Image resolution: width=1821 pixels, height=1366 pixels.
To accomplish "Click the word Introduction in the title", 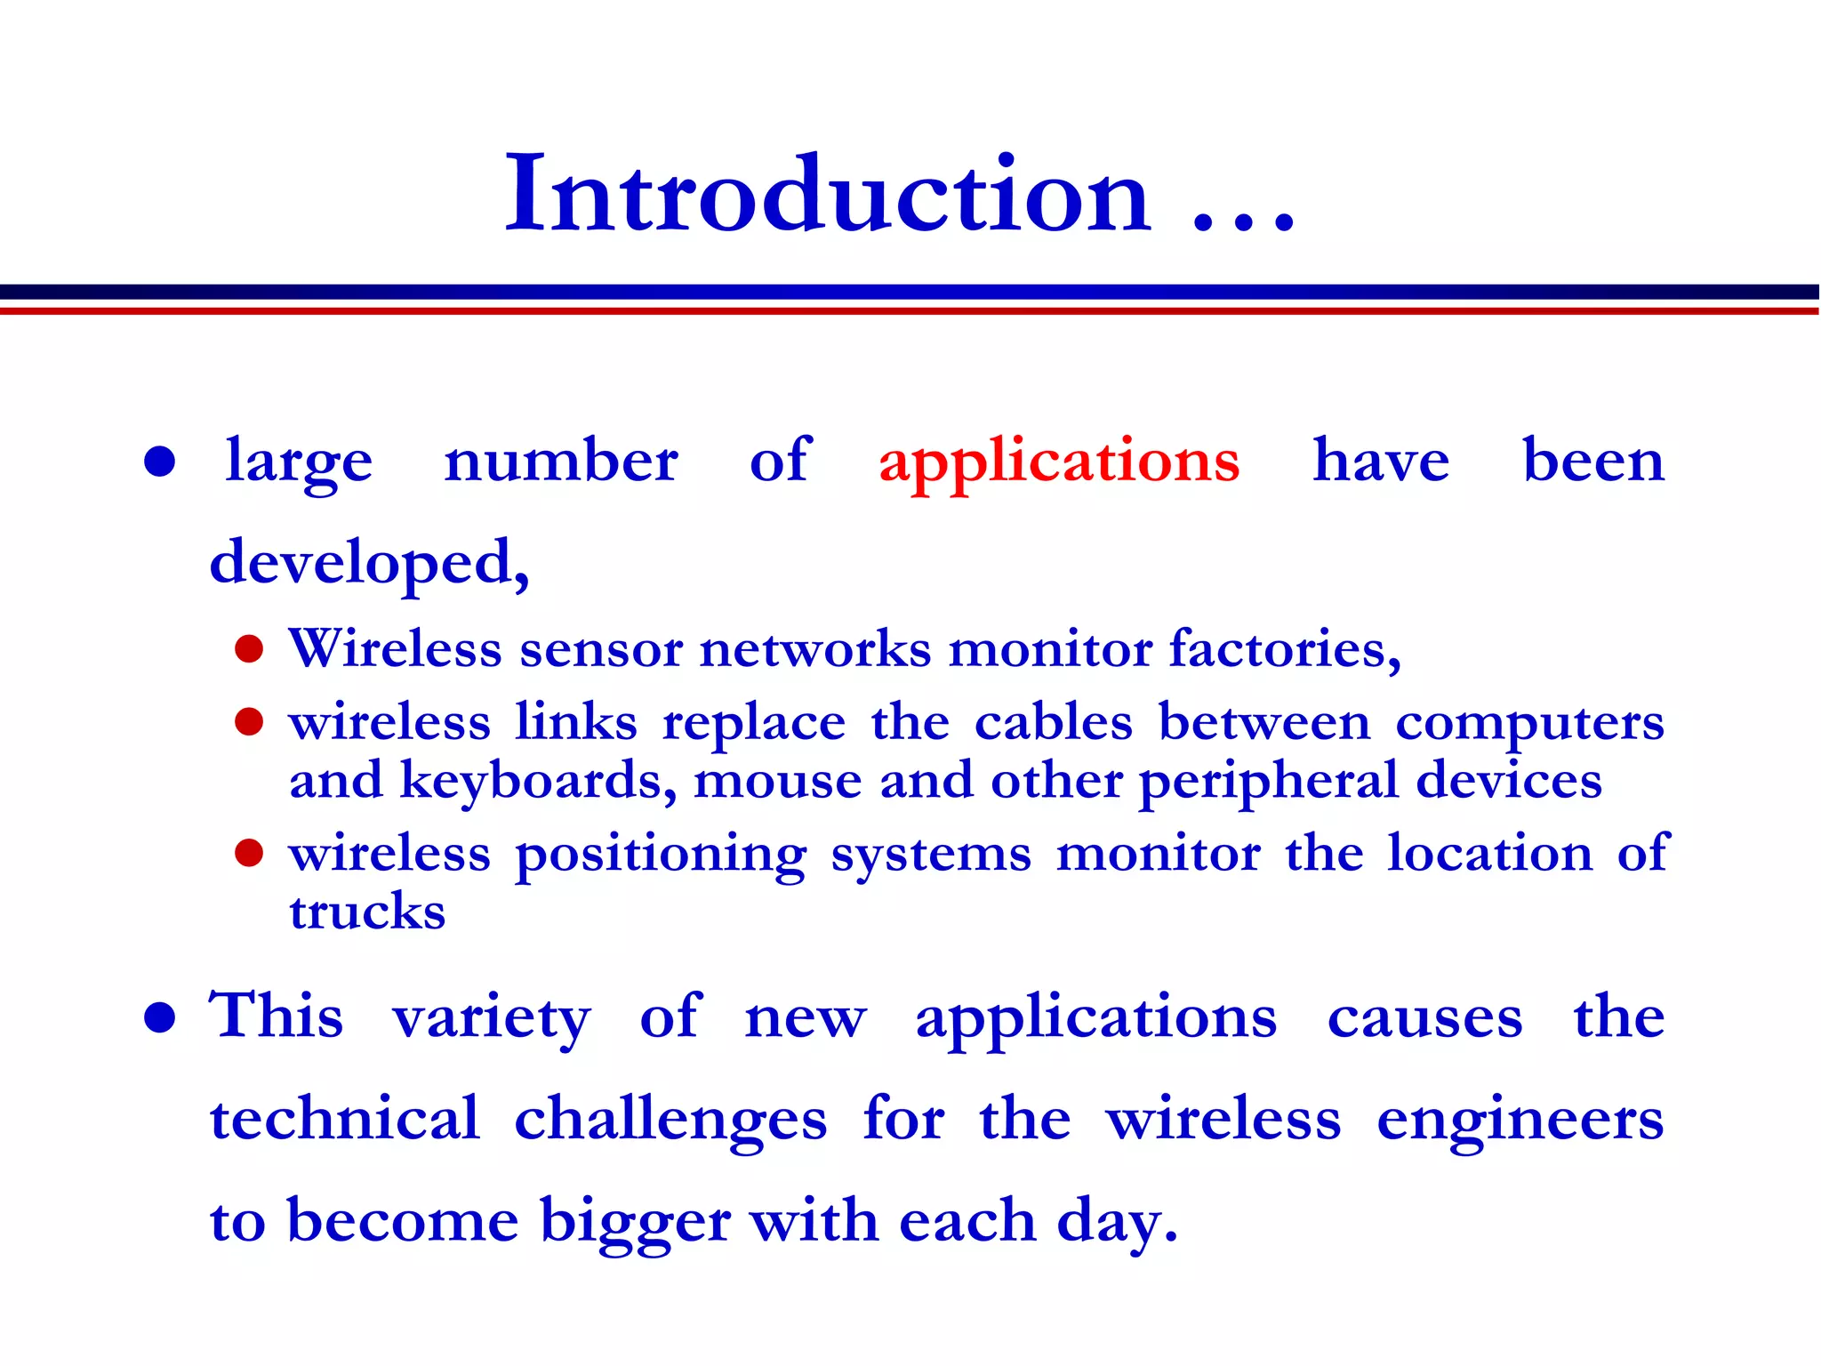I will (x=827, y=196).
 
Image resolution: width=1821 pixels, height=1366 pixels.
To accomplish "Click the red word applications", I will (x=1058, y=462).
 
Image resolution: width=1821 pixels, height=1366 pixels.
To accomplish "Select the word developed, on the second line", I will (x=369, y=564).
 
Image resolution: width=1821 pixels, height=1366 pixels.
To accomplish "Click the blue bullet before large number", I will (x=159, y=462).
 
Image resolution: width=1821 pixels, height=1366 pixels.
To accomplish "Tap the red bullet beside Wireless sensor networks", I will (x=249, y=649).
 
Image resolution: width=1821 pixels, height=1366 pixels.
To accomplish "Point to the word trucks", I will (x=366, y=912).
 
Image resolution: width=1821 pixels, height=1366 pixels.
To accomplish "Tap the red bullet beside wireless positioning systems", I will (x=249, y=853).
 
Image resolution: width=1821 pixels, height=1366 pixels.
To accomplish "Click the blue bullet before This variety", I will (x=159, y=1017).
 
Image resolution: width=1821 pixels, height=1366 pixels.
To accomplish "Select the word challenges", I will (x=670, y=1121).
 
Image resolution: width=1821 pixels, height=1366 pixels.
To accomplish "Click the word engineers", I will (x=1520, y=1121).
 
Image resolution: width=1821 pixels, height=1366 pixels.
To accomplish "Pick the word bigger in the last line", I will (x=635, y=1222).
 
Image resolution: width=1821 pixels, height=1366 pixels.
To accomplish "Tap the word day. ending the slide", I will (x=1117, y=1222).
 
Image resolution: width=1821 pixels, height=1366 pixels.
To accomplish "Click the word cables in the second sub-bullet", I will (x=1053, y=723).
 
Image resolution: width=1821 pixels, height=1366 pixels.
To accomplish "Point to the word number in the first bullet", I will (x=560, y=462).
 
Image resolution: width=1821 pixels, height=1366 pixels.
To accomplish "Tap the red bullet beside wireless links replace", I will (x=249, y=722).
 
